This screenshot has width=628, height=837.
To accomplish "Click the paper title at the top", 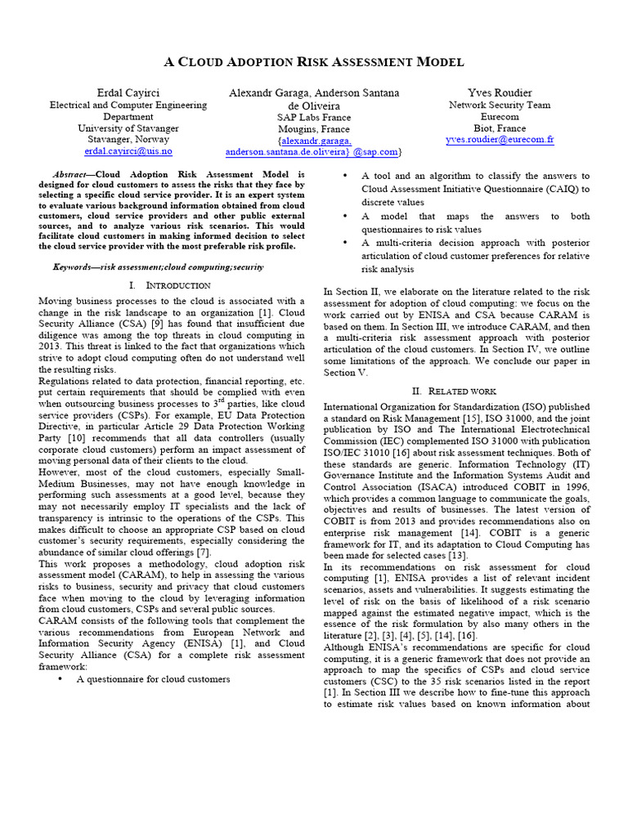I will tap(314, 62).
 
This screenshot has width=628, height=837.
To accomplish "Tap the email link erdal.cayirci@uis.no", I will tap(128, 151).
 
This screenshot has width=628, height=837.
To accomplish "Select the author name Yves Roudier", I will tap(500, 92).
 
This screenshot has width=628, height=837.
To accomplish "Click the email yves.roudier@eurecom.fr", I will tap(500, 140).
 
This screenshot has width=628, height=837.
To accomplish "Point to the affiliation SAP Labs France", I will tap(314, 117).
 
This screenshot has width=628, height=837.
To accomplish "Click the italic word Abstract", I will tap(69, 175).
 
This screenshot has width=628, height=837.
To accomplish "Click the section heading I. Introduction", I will tap(170, 285).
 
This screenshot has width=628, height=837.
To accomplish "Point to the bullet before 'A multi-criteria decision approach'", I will tap(348, 243).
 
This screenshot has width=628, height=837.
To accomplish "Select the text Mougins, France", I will tap(314, 129).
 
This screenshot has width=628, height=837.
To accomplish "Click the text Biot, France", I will tap(500, 128).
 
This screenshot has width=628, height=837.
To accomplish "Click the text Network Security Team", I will tap(500, 105).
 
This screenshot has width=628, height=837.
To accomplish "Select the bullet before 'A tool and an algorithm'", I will tap(348, 176).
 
